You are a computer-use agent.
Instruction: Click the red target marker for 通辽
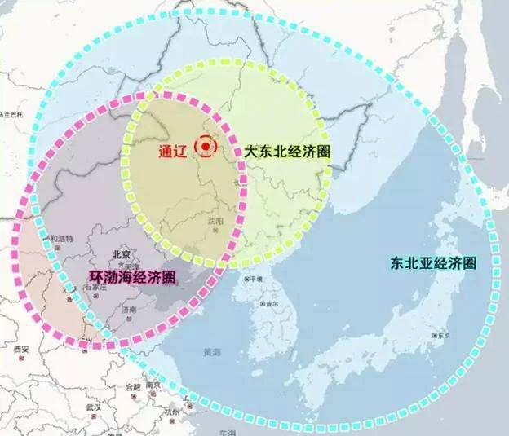209,147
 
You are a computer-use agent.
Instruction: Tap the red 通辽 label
174,151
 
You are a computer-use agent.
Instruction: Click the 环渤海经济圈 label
132,277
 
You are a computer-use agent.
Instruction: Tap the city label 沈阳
215,220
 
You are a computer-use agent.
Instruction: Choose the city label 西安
20,350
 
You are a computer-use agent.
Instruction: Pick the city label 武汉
93,407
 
